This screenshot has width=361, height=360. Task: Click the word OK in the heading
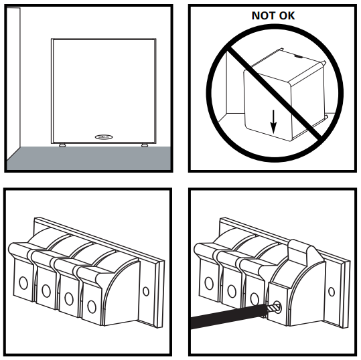pyautogui.click(x=287, y=15)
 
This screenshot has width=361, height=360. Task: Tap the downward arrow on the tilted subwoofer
pyautogui.click(x=273, y=122)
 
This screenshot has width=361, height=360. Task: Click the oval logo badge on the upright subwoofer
pyautogui.click(x=104, y=137)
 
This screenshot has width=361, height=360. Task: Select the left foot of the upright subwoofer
pyautogui.click(x=62, y=145)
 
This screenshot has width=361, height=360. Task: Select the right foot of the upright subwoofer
pyautogui.click(x=145, y=145)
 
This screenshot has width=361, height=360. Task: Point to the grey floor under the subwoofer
pyautogui.click(x=88, y=159)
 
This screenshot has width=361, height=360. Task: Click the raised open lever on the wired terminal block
pyautogui.click(x=301, y=252)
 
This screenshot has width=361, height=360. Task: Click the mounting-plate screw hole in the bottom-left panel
pyautogui.click(x=146, y=291)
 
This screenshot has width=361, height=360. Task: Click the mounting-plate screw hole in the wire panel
pyautogui.click(x=332, y=292)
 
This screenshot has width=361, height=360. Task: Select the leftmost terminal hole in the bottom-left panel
pyautogui.click(x=23, y=282)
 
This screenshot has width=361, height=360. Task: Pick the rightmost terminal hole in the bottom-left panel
pyautogui.click(x=92, y=306)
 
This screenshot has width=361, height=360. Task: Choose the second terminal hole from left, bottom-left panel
pyautogui.click(x=46, y=290)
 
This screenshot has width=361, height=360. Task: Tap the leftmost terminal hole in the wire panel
pyautogui.click(x=209, y=283)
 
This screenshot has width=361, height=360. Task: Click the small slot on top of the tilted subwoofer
pyautogui.click(x=299, y=56)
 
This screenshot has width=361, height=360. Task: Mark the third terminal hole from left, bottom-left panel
pyautogui.click(x=69, y=298)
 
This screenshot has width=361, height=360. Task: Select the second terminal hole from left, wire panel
pyautogui.click(x=232, y=291)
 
